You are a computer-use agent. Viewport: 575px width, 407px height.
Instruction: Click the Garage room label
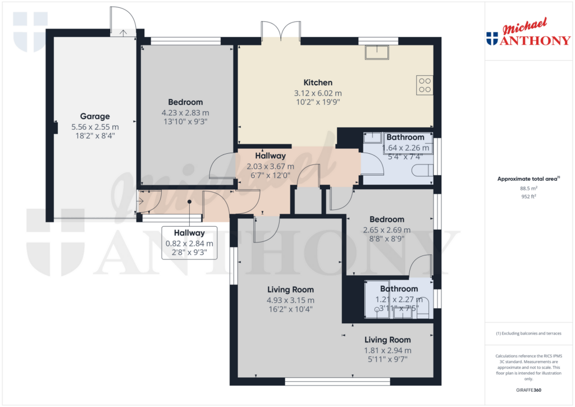pos(95,117)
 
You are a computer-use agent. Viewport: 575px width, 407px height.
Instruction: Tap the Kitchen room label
pos(318,83)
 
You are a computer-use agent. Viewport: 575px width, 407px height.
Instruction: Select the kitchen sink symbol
pos(377,52)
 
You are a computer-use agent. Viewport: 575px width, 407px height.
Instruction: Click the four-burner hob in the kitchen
pos(425,85)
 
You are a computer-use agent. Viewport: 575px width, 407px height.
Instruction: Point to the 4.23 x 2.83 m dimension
pos(185,112)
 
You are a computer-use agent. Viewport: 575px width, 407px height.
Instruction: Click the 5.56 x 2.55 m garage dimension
pos(95,127)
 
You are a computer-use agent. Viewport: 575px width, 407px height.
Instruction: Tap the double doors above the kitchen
pos(280,31)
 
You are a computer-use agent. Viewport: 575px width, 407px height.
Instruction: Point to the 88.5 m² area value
pos(528,189)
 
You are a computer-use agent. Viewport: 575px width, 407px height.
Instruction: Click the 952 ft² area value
pos(528,197)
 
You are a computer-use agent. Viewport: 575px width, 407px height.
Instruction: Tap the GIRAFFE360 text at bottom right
pos(528,390)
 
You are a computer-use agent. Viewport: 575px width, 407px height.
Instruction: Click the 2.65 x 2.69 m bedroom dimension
pos(386,230)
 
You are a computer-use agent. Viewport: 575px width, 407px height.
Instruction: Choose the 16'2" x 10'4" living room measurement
pos(290,309)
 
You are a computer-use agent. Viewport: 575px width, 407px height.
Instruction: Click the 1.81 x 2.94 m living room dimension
pos(387,350)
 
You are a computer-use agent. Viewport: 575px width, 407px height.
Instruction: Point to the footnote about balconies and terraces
pos(528,333)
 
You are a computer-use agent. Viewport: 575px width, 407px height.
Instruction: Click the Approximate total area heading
pos(528,179)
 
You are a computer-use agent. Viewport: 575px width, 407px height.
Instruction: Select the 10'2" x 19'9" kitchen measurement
pos(318,102)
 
